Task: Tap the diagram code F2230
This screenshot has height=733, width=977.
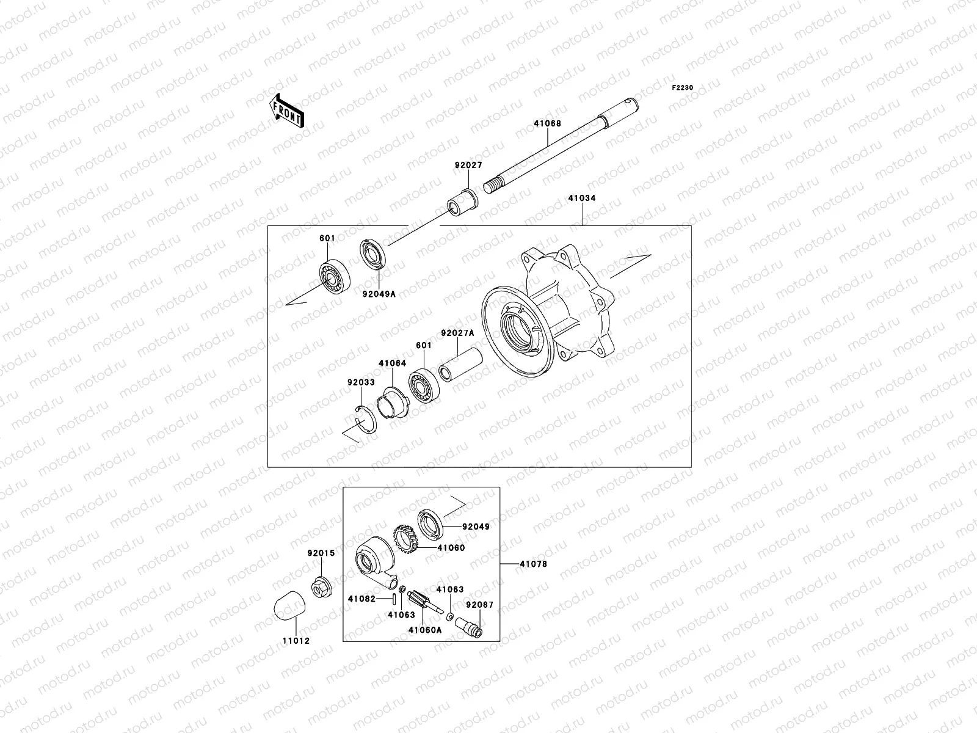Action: coord(683,88)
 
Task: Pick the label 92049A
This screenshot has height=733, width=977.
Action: coord(379,294)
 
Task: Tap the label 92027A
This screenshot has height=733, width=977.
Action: coord(457,334)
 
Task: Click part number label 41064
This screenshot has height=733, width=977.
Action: coord(392,363)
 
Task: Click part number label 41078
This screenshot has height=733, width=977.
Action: coord(533,564)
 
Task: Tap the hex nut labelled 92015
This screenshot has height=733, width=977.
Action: coord(321,586)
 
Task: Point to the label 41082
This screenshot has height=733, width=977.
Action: coord(361,599)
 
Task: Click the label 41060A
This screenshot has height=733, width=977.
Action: coord(425,629)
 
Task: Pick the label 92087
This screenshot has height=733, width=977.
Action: coord(479,605)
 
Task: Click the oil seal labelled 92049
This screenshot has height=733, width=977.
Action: coord(432,523)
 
